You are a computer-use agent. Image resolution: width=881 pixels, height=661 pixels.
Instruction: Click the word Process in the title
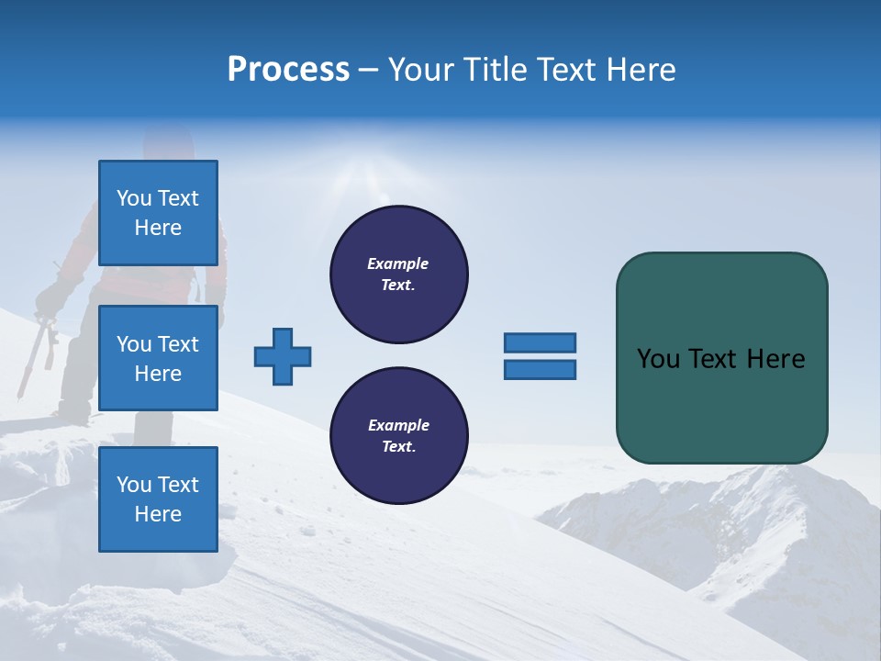click(x=288, y=70)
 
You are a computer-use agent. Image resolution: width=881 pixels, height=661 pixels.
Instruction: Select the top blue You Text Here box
click(x=158, y=213)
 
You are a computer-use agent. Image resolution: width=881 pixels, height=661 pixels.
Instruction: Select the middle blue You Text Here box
click(x=158, y=358)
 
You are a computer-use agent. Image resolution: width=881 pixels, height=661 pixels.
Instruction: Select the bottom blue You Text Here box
click(x=158, y=499)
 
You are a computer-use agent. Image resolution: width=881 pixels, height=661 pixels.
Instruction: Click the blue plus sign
click(x=283, y=356)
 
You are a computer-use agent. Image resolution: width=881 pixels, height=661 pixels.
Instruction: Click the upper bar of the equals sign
click(x=540, y=342)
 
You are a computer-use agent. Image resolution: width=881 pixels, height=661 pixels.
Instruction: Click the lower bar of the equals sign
click(x=540, y=370)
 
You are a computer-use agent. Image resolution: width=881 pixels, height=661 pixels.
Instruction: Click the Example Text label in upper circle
click(x=398, y=274)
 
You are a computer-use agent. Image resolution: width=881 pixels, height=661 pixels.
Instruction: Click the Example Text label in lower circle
click(x=398, y=435)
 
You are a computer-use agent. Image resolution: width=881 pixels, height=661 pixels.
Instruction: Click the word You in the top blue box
click(x=134, y=198)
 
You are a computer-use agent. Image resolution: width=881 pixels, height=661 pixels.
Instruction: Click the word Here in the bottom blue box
click(x=158, y=514)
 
